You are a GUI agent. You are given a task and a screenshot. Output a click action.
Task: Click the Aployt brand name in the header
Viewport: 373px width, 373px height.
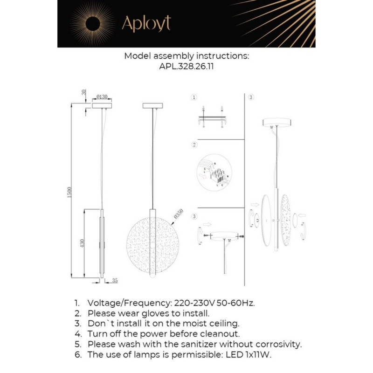pyautogui.click(x=146, y=23)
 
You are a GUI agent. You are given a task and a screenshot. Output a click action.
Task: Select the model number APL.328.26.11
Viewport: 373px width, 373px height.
pyautogui.click(x=186, y=67)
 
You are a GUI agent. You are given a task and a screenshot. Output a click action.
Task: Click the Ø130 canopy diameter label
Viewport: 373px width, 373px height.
pyautogui.click(x=102, y=97)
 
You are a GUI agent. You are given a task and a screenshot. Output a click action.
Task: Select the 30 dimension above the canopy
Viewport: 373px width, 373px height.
pyautogui.click(x=84, y=92)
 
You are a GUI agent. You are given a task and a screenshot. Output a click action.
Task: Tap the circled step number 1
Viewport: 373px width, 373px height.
pyautogui.click(x=194, y=97)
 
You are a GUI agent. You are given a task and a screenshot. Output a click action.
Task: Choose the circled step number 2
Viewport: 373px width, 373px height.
pyautogui.click(x=194, y=145)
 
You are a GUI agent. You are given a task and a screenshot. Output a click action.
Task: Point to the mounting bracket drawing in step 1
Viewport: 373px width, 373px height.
pyautogui.click(x=213, y=118)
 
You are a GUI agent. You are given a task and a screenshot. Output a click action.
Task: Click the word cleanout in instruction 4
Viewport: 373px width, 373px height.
pyautogui.click(x=219, y=334)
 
